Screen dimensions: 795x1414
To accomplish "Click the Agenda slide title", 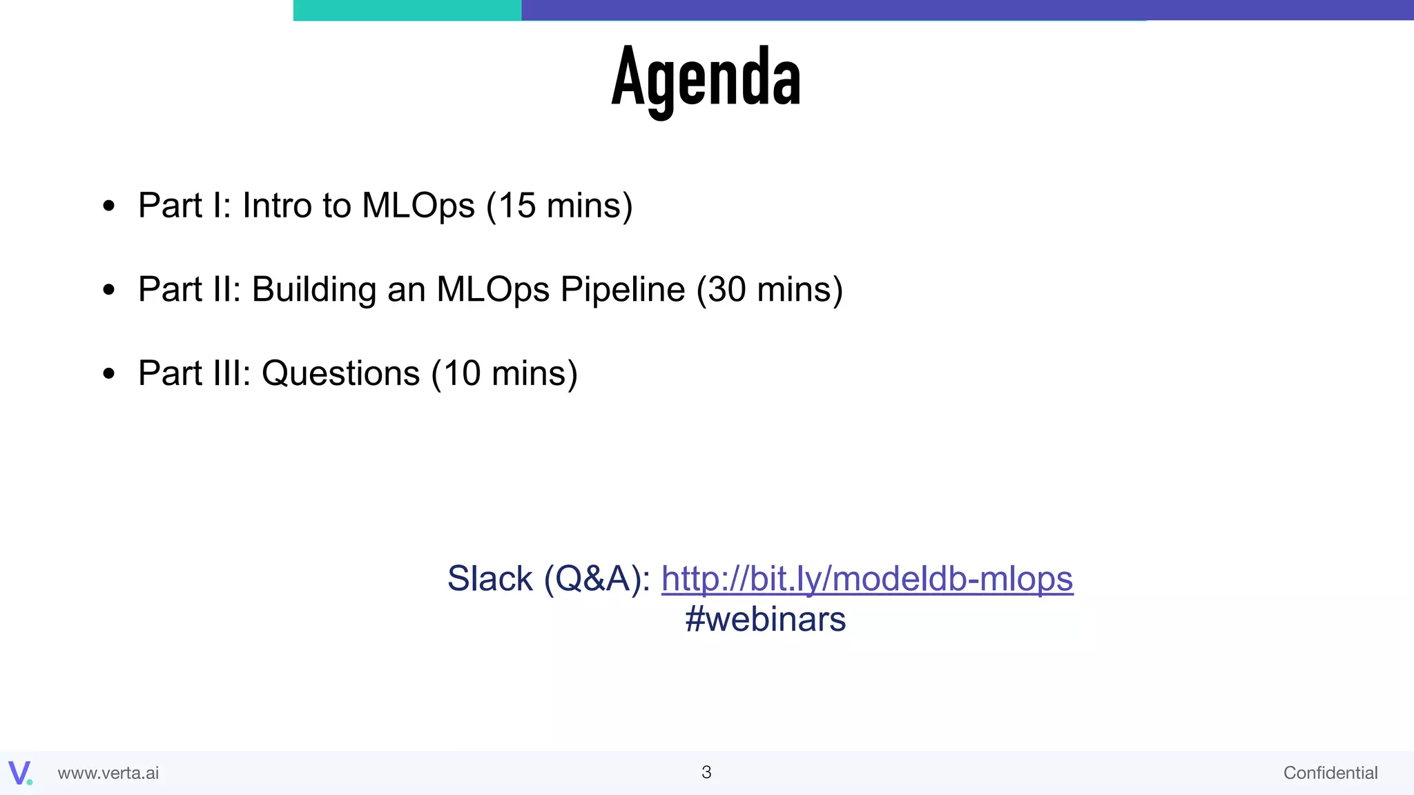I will [x=706, y=77].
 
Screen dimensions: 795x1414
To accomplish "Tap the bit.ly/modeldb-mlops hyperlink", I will [x=866, y=578].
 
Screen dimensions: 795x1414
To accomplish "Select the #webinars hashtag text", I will [x=765, y=619].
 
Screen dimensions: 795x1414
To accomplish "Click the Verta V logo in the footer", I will [x=20, y=772].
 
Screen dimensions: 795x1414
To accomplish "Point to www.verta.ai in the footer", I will [x=108, y=773].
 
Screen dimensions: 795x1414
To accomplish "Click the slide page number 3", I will [x=706, y=772].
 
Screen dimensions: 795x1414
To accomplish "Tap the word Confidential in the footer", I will [x=1330, y=773].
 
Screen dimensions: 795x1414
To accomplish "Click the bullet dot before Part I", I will [x=108, y=206].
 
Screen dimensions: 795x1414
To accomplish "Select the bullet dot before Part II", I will [x=108, y=290].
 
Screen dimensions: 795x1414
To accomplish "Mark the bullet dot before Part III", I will [x=108, y=374].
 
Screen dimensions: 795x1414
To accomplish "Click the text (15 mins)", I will [x=559, y=206].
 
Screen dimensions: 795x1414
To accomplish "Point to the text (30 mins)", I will [x=769, y=290].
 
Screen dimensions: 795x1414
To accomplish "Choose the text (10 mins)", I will [x=504, y=374].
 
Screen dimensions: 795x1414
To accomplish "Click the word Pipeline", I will [x=622, y=290].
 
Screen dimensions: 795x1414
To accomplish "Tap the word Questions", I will [x=340, y=374].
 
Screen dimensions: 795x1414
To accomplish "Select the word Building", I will [x=313, y=290].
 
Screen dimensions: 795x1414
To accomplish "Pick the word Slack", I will [x=490, y=578].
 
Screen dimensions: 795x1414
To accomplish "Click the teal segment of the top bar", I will [x=407, y=10].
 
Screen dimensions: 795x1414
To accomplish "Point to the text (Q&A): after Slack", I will [x=597, y=578].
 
